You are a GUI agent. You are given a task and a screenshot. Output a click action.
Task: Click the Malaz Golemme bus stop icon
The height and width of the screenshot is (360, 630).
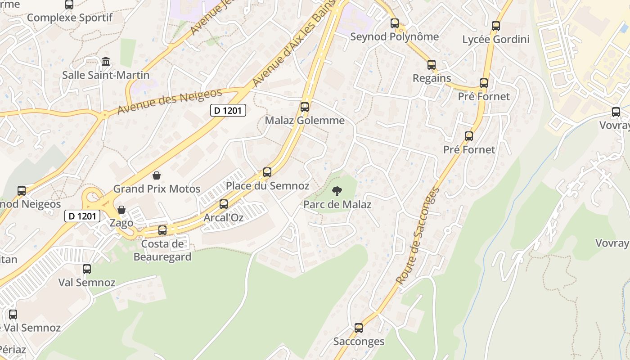click(x=305, y=107)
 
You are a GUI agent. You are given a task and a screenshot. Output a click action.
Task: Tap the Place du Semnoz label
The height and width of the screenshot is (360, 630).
click(x=267, y=186)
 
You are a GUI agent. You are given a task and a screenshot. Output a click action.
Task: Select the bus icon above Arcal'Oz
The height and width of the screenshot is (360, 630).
click(x=224, y=204)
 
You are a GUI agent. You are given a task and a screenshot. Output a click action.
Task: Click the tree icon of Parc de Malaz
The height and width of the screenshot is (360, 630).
click(x=337, y=192)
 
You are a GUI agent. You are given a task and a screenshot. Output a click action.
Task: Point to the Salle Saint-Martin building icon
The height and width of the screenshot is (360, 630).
click(x=106, y=61)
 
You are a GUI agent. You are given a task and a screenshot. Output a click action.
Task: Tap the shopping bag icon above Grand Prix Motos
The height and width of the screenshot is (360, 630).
click(x=157, y=175)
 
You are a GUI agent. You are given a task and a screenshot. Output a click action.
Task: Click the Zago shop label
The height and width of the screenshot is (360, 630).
click(x=121, y=223)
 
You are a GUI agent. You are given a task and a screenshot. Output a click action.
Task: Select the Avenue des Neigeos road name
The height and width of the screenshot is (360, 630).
click(x=170, y=101)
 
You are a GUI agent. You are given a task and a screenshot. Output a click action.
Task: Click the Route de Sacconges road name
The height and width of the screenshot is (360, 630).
click(x=417, y=235)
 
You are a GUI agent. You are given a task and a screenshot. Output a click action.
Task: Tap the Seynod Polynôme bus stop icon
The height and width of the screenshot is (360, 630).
click(x=395, y=23)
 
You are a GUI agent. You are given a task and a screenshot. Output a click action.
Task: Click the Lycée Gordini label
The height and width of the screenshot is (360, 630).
click(x=496, y=40)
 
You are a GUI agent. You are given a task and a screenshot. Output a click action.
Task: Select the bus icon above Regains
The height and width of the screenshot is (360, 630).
click(x=432, y=65)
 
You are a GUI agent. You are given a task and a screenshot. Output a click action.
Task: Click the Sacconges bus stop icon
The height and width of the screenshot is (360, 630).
click(x=359, y=328)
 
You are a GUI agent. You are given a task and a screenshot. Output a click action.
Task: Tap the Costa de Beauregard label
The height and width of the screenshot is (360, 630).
click(x=162, y=251)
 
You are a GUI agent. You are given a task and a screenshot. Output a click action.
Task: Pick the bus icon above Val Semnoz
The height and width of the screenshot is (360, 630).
click(x=87, y=269)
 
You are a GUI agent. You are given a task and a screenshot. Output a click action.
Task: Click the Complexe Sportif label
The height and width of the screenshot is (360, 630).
click(x=69, y=18)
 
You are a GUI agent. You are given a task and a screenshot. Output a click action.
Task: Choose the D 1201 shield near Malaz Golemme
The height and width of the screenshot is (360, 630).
click(x=229, y=110)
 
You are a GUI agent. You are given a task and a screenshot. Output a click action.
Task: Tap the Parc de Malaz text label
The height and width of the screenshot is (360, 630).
click(x=337, y=205)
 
